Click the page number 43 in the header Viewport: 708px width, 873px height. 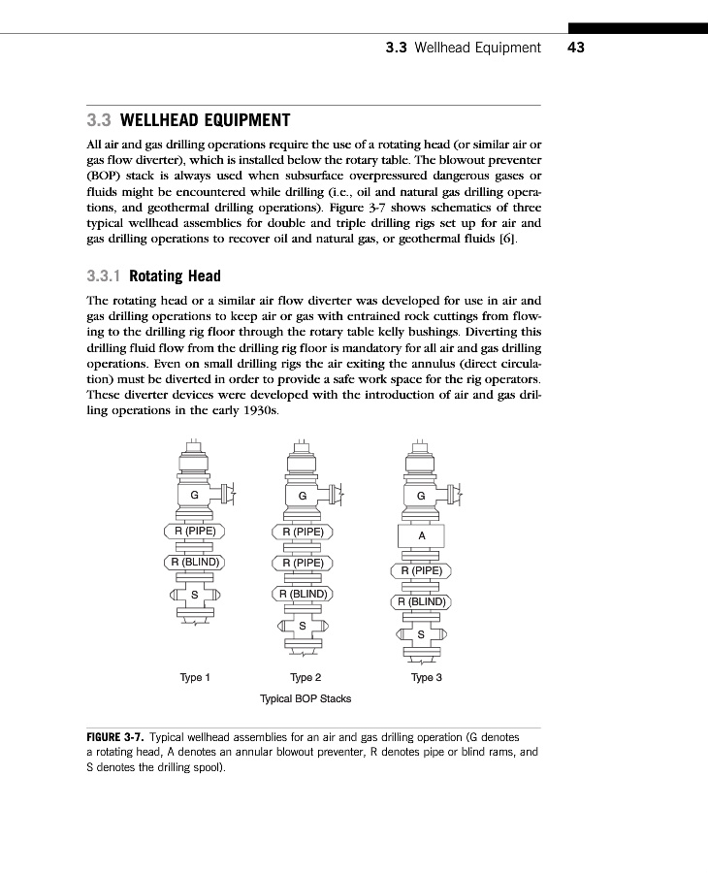(x=575, y=48)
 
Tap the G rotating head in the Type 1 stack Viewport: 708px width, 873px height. (x=194, y=496)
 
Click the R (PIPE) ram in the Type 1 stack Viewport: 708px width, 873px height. (x=194, y=531)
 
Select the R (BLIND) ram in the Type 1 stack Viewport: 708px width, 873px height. (x=194, y=562)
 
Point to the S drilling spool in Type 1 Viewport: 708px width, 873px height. (x=194, y=594)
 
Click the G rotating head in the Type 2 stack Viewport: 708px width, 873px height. (x=303, y=496)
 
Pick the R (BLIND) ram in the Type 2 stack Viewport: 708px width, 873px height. (x=303, y=594)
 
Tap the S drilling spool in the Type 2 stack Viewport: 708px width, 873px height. (x=303, y=626)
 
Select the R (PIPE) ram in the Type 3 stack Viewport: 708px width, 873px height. (x=421, y=570)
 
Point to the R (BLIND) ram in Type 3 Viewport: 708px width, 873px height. (x=421, y=601)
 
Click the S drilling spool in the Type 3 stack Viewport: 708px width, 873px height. (x=421, y=634)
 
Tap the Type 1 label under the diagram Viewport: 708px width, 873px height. (x=195, y=677)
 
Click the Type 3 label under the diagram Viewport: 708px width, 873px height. (x=426, y=677)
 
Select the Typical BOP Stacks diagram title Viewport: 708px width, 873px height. (x=306, y=698)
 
